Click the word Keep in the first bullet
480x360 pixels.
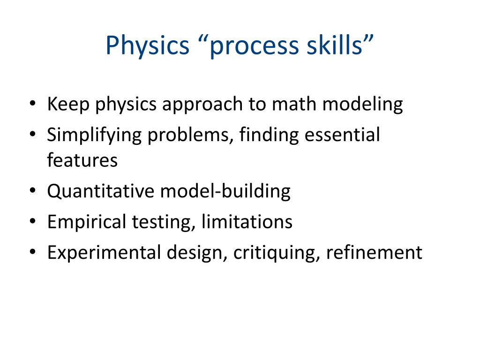click(x=68, y=104)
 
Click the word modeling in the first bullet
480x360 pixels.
click(x=362, y=104)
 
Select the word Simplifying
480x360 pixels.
click(x=94, y=135)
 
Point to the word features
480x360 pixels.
click(x=82, y=160)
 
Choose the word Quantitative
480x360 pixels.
click(x=101, y=191)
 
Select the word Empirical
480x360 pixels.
click(x=83, y=222)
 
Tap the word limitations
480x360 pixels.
click(x=247, y=222)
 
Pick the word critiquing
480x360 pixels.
click(x=276, y=253)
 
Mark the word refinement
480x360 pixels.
click(x=374, y=253)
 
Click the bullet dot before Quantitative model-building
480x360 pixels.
click(x=32, y=192)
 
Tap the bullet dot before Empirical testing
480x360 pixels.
click(x=32, y=222)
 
